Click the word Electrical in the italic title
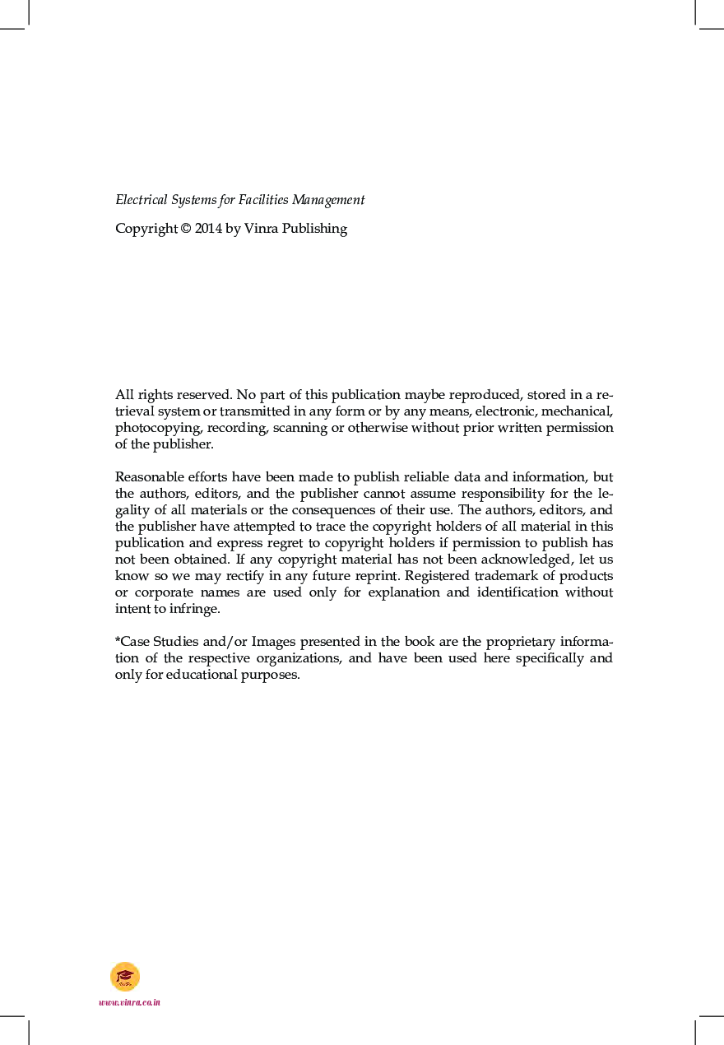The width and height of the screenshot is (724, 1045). (x=142, y=200)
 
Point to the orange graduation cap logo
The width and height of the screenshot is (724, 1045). (x=125, y=977)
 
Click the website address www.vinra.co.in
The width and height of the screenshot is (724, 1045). (x=129, y=1002)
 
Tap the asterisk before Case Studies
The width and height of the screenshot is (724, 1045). (x=118, y=641)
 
